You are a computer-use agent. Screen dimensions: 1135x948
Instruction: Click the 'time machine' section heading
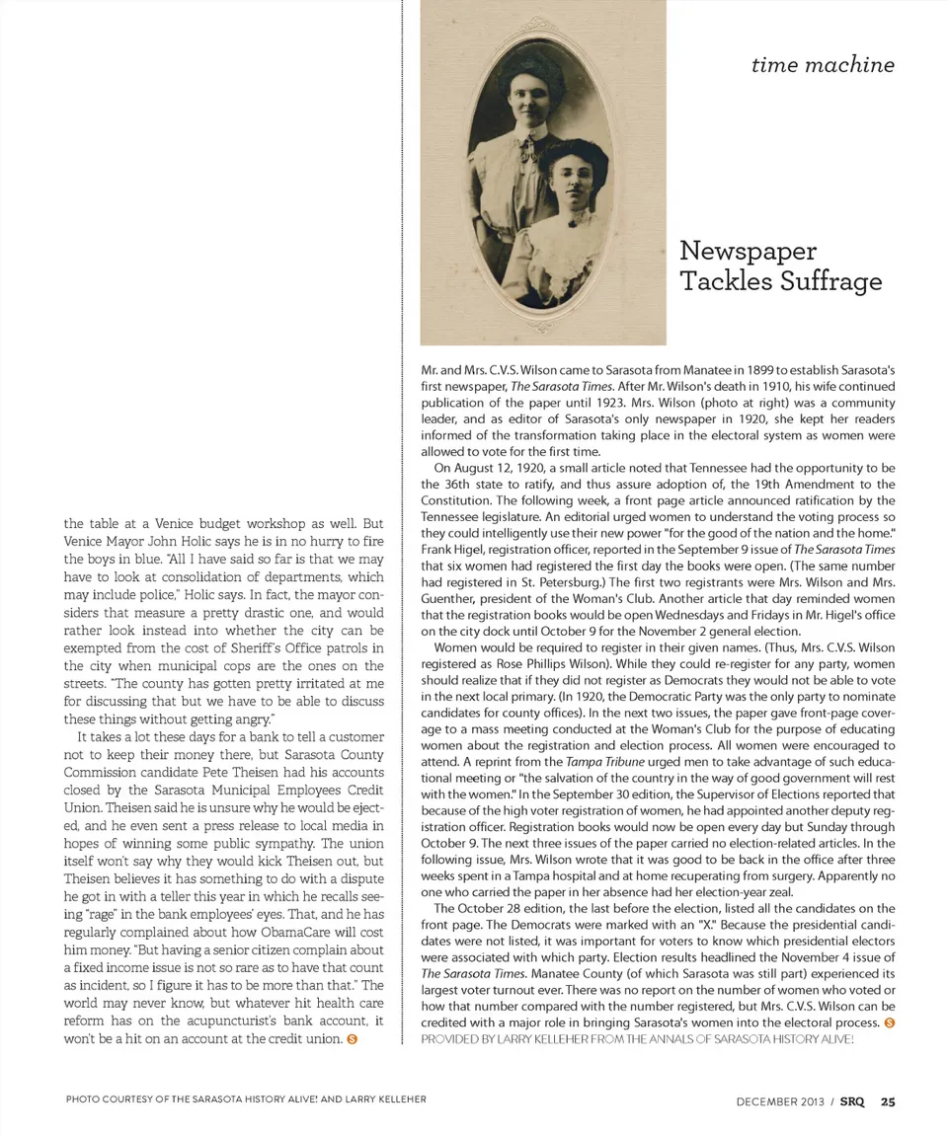pyautogui.click(x=823, y=65)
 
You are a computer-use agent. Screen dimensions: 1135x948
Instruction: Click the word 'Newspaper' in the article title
pyautogui.click(x=749, y=252)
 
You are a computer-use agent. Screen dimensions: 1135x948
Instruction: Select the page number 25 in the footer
pyautogui.click(x=889, y=1101)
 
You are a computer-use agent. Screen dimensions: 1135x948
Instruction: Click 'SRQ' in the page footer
pyautogui.click(x=852, y=1101)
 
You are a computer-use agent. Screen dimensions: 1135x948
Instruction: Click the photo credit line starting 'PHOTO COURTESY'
pyautogui.click(x=246, y=1098)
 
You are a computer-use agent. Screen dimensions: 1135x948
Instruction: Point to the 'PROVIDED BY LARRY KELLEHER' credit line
pyautogui.click(x=637, y=1039)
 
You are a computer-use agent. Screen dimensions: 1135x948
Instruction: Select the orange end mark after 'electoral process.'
pyautogui.click(x=889, y=1022)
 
